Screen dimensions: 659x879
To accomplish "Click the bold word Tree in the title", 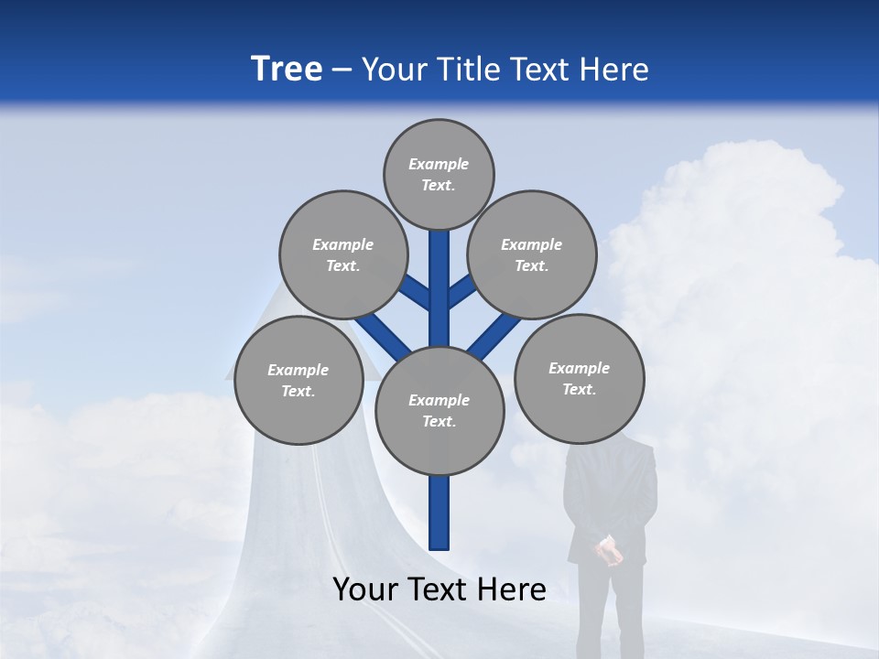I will pos(287,70).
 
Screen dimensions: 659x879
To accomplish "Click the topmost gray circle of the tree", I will pos(439,174).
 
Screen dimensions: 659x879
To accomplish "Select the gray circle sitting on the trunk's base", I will pos(439,411).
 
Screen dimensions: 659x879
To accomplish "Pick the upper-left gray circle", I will pos(343,254).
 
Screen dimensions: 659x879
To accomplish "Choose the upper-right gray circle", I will pos(532,254).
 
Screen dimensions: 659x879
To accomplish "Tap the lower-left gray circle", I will pos(298,380).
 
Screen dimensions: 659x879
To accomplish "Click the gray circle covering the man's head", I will pos(579,378).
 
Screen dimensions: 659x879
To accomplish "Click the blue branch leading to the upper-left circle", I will pos(417,295).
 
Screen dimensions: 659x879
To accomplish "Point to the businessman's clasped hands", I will pos(608,551).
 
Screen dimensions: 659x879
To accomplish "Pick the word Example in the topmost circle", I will pos(439,164).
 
